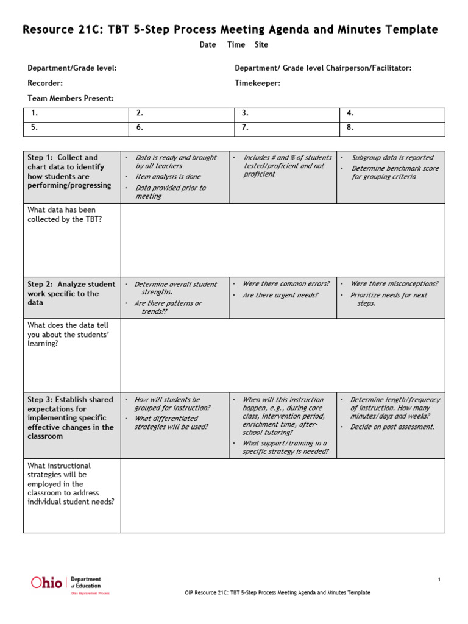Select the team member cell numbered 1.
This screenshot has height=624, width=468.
point(76,113)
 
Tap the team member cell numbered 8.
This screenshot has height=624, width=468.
point(391,128)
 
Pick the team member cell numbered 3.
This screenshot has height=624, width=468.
point(286,113)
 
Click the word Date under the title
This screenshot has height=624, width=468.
point(208,44)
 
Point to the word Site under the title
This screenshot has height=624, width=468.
point(261,44)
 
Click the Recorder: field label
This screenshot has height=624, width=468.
point(45,83)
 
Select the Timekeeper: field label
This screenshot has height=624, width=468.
point(258,83)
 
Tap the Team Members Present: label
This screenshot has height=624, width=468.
point(71,98)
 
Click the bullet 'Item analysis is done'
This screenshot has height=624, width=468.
point(168,177)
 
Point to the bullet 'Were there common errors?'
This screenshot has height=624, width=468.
point(286,284)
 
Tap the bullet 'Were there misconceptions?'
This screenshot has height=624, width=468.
point(394,284)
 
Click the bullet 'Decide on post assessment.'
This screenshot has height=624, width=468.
point(392,427)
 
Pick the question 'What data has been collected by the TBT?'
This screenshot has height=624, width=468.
point(65,214)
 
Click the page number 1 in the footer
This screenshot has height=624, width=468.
point(439,580)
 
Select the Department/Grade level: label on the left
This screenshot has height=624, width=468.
point(72,68)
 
